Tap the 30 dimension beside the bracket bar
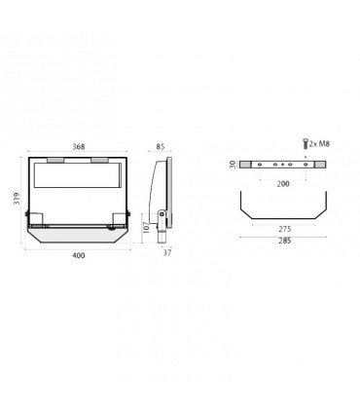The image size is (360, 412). (x=234, y=165)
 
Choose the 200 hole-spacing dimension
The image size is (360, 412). (x=281, y=182)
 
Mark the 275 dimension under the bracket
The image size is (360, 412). (x=281, y=226)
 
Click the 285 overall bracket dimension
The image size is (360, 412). (x=281, y=240)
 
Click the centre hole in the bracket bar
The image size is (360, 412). (x=281, y=165)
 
